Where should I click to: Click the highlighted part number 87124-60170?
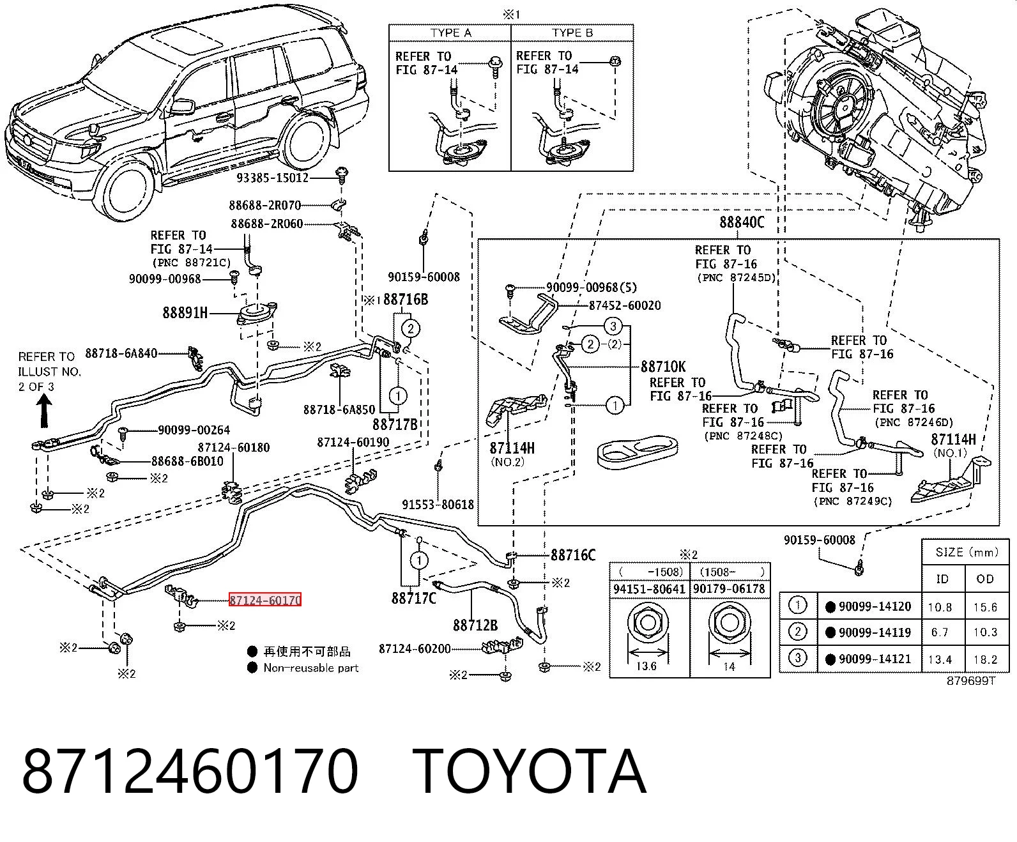pos(265,600)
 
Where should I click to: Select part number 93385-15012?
pos(273,178)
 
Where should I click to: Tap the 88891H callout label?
pos(185,312)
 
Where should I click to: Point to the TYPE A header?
pos(450,33)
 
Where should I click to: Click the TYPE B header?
pos(572,33)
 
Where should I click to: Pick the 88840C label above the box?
pos(742,222)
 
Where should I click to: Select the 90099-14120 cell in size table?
pos(875,607)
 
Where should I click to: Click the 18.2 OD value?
pos(985,659)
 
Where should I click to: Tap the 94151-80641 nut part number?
pos(649,589)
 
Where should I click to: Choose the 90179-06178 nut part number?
pos(729,589)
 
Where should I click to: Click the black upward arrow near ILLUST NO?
pos(44,411)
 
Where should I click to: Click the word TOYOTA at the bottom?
pos(530,773)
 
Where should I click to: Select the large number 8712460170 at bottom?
pos(190,773)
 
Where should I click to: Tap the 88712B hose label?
pos(475,625)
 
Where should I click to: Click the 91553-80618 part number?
pos(438,504)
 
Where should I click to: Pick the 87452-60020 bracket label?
pos(625,305)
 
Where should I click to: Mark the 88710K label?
pos(663,367)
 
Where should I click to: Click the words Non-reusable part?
pos(310,668)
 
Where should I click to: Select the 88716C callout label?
pos(573,555)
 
